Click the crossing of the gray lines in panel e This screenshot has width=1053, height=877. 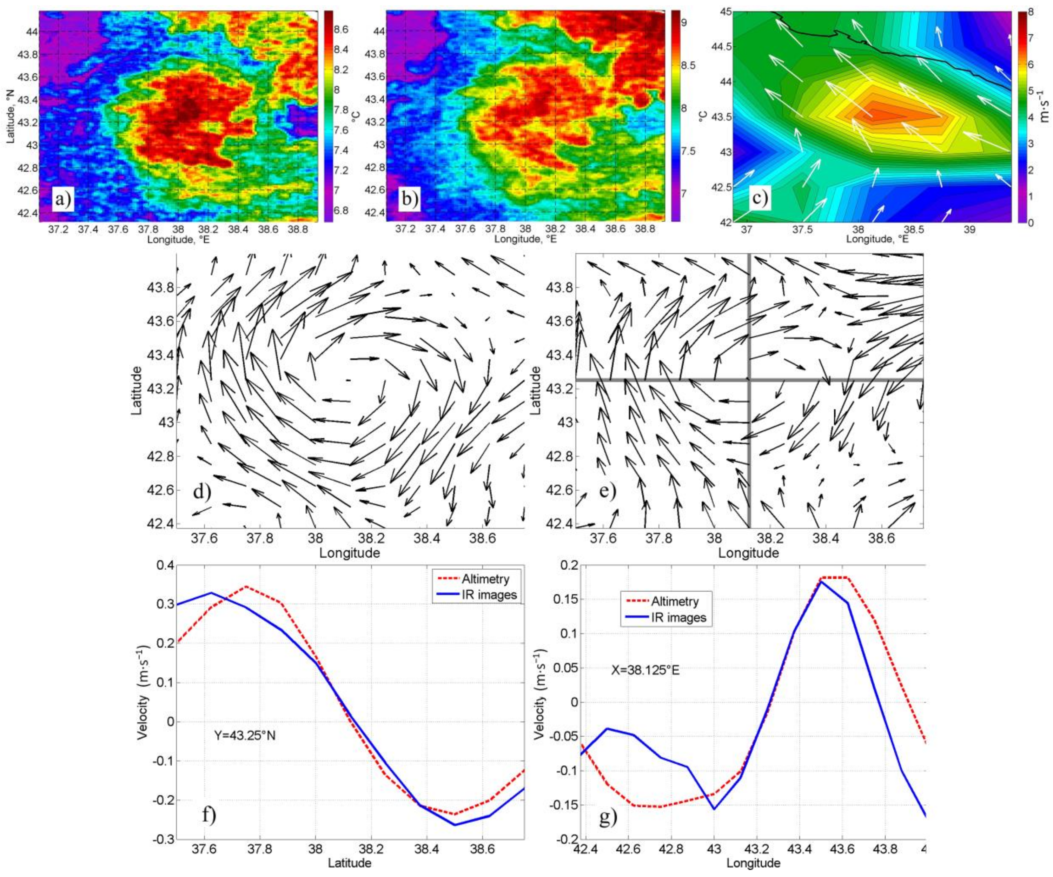pos(749,380)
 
